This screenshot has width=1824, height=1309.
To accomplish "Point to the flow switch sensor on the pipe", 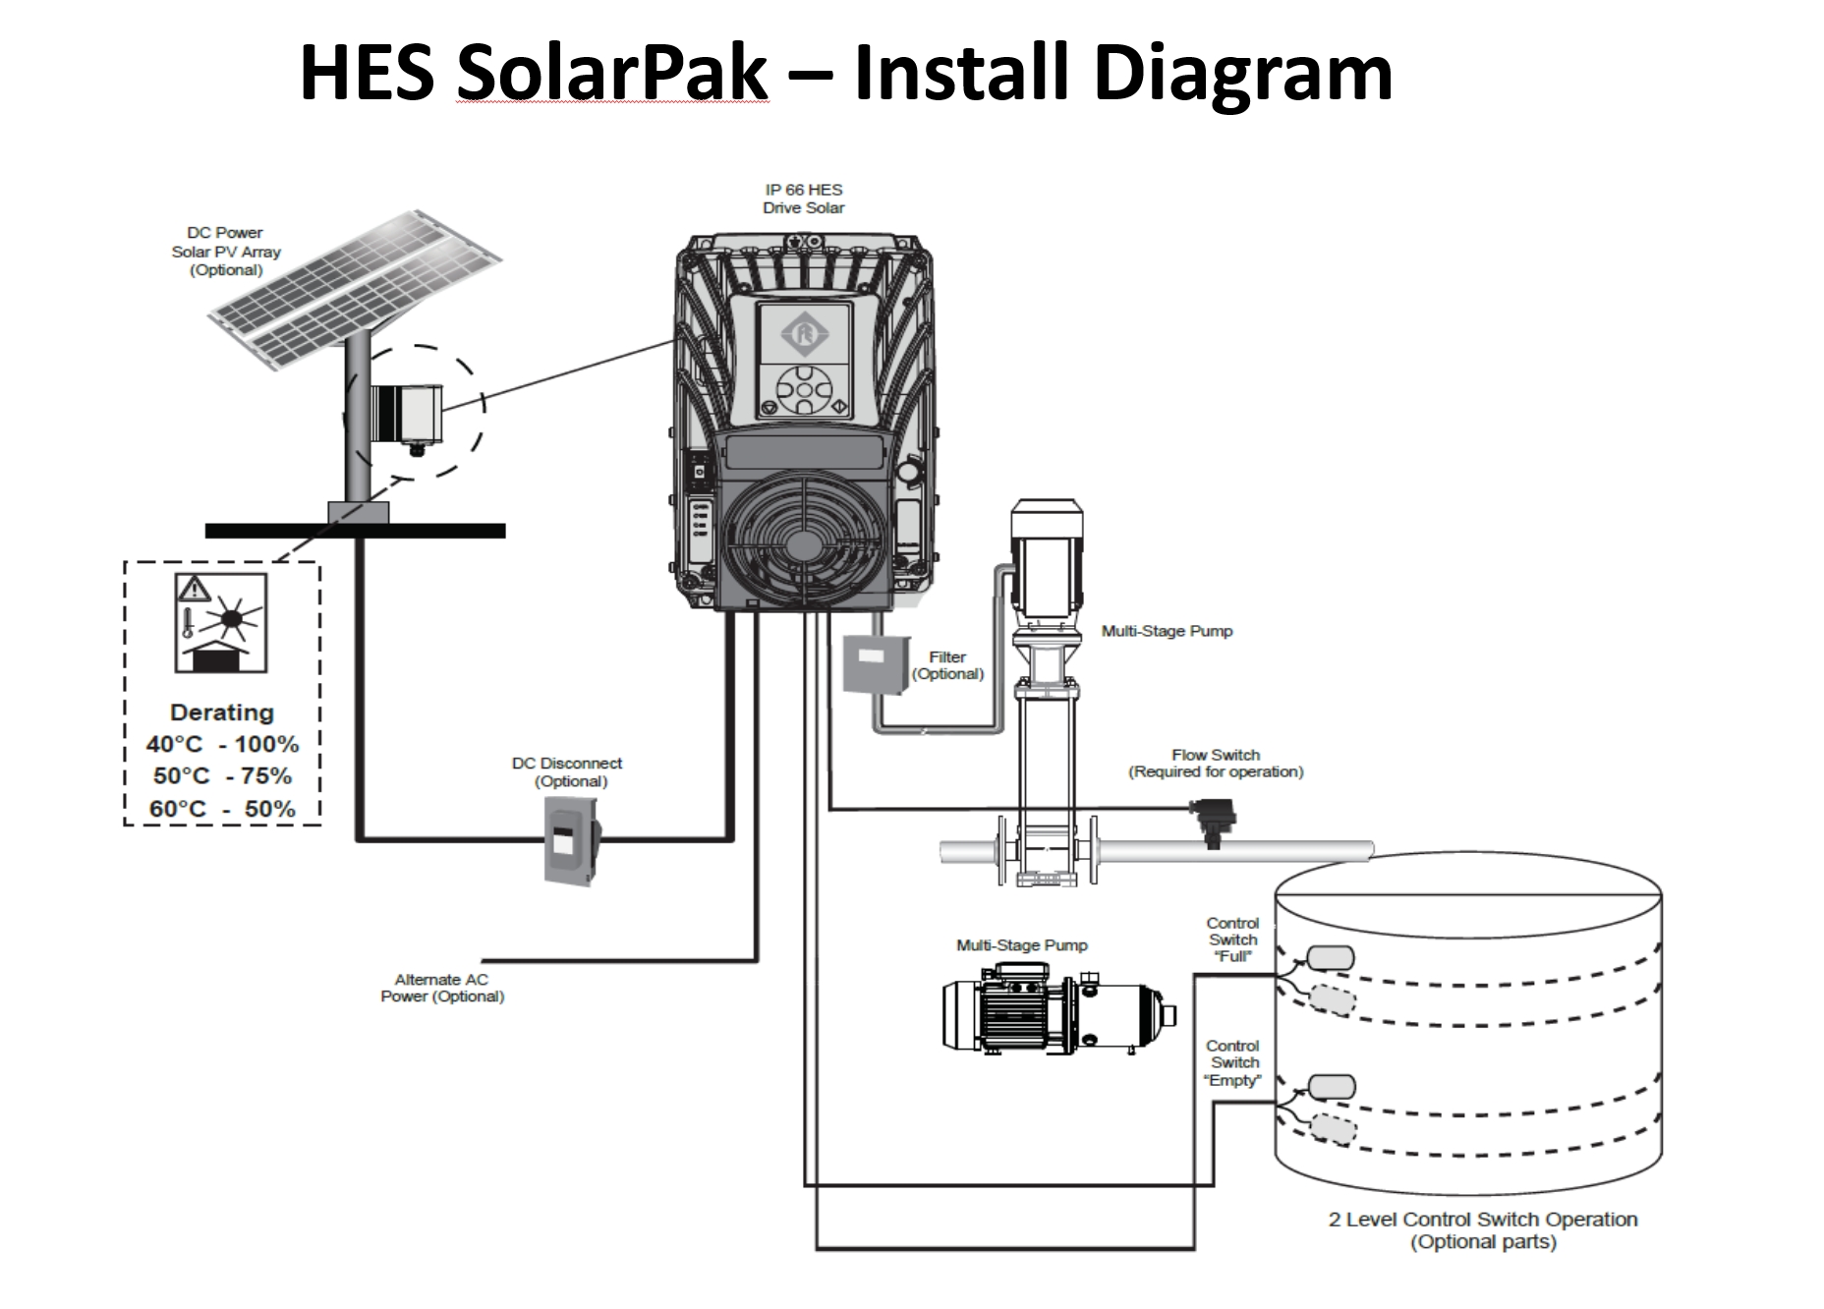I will [x=1214, y=823].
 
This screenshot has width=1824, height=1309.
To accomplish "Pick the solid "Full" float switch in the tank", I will [x=1328, y=958].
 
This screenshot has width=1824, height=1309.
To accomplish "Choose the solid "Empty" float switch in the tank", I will [x=1330, y=1086].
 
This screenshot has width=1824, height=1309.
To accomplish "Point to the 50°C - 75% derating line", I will [x=222, y=776].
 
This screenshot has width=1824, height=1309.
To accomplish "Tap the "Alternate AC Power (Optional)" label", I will [x=442, y=988].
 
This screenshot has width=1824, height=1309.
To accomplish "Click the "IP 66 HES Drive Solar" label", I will [x=803, y=199].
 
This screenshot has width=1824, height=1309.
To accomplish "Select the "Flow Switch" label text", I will [x=1216, y=755].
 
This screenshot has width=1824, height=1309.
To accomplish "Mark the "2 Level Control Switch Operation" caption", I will [x=1483, y=1220].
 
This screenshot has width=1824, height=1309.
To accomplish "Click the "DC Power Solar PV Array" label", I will [x=225, y=251].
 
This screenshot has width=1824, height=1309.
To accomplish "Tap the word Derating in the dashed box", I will [x=222, y=712].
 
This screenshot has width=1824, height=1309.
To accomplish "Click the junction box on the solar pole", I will [x=407, y=412].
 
